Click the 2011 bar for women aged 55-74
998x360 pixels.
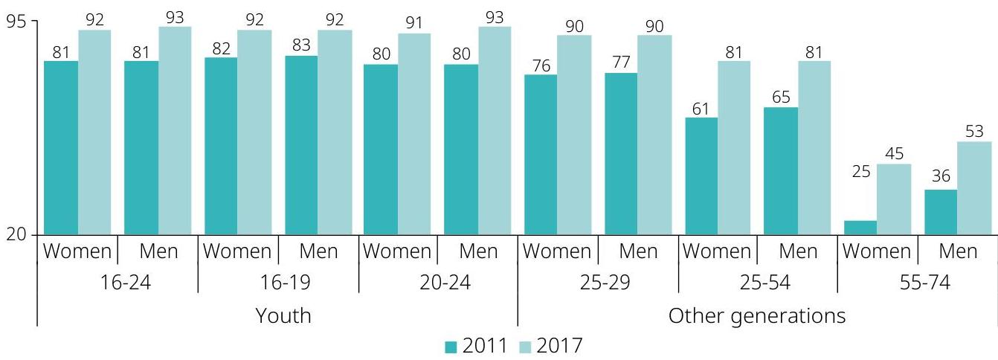pos(860,228)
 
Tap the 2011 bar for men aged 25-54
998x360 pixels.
pos(781,171)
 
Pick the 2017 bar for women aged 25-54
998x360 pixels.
pos(734,148)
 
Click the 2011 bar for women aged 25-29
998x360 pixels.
pos(540,155)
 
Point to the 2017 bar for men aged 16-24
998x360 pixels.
pos(175,131)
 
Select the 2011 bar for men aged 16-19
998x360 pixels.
pos(301,145)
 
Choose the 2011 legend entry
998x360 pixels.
pos(476,346)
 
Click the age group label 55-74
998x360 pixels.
pos(918,283)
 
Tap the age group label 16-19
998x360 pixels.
pos(278,283)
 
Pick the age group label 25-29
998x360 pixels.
pos(598,283)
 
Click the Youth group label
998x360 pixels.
pos(283,315)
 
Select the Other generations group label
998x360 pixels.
pos(757,315)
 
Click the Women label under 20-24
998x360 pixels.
pos(396,251)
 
